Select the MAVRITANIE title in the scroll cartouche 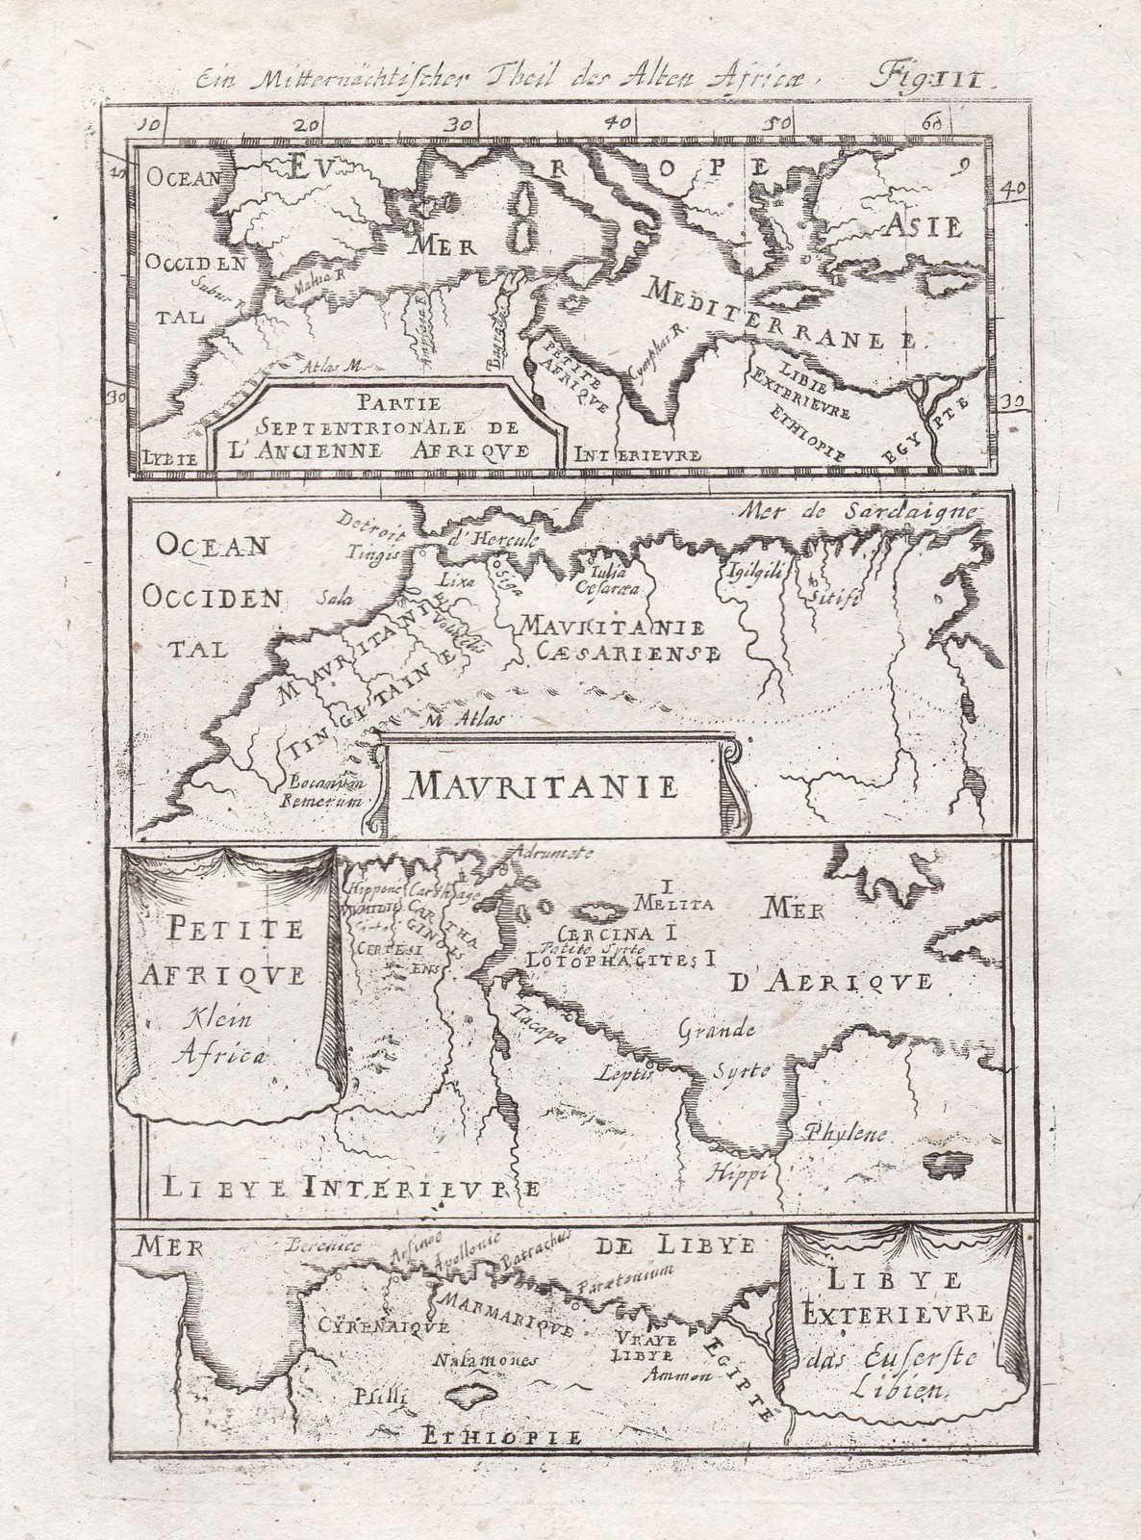tap(543, 787)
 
